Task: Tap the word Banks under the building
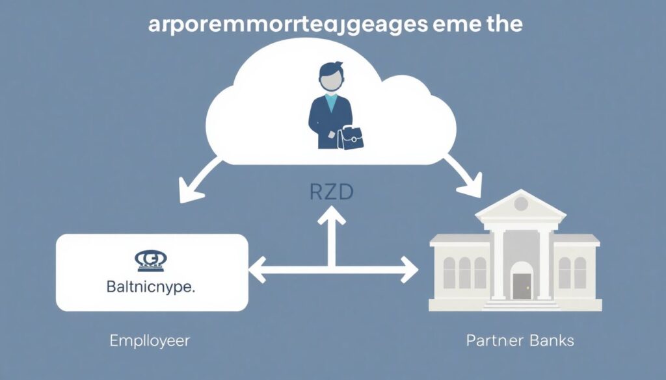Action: click(550, 340)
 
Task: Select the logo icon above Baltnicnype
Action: click(151, 260)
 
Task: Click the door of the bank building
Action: click(521, 285)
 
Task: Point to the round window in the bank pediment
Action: click(520, 204)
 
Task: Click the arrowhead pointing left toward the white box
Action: click(257, 268)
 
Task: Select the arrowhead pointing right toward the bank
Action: click(408, 268)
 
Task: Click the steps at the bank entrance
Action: click(521, 304)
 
